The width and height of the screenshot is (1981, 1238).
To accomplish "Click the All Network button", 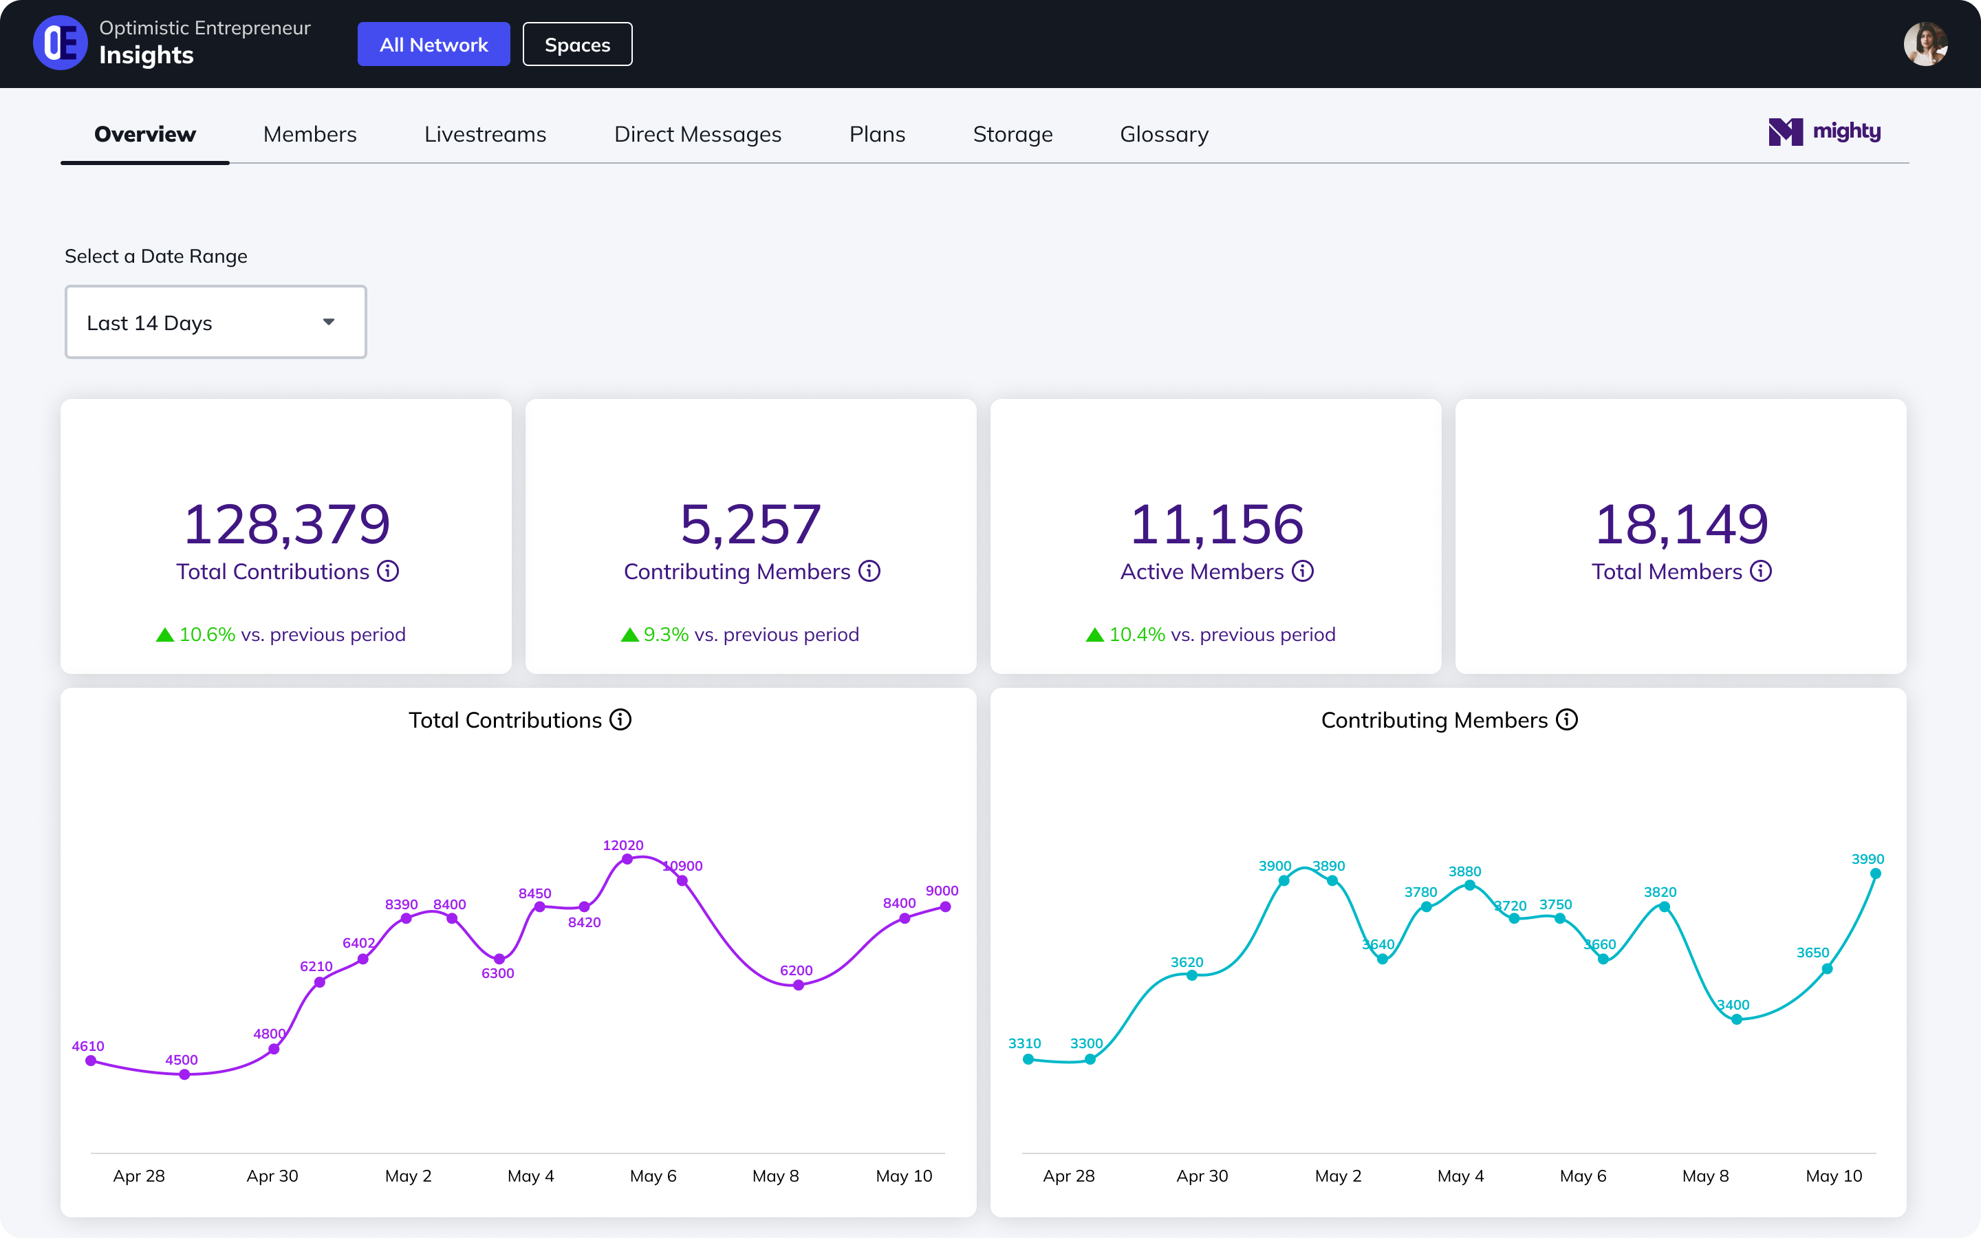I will pyautogui.click(x=433, y=44).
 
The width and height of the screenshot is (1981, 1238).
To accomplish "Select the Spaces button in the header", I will pyautogui.click(x=577, y=44).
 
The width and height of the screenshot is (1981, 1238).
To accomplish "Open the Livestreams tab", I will pyautogui.click(x=485, y=134).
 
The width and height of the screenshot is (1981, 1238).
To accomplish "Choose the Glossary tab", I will pyautogui.click(x=1163, y=134).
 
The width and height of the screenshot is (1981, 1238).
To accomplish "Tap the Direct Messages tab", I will pyautogui.click(x=697, y=134).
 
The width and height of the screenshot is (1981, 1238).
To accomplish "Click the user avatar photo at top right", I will pyautogui.click(x=1925, y=44).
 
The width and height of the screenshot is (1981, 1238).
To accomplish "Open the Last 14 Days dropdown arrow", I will pyautogui.click(x=328, y=322).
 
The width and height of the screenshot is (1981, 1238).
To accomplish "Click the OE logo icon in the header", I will pyautogui.click(x=60, y=43).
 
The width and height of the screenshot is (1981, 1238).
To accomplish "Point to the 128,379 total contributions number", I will pyautogui.click(x=287, y=524).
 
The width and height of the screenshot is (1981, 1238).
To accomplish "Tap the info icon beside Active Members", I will pyautogui.click(x=1302, y=571).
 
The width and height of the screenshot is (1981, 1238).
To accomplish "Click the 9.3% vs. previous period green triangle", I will pyautogui.click(x=629, y=635).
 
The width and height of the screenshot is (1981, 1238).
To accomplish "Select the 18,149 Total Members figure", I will pyautogui.click(x=1680, y=524).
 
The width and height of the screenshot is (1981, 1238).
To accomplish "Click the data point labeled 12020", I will pyautogui.click(x=627, y=859).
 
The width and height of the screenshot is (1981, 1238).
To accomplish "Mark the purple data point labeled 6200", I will pyautogui.click(x=798, y=985).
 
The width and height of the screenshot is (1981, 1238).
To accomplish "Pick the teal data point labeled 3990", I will pyautogui.click(x=1875, y=873).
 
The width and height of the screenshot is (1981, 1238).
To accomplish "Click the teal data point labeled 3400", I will pyautogui.click(x=1736, y=1019).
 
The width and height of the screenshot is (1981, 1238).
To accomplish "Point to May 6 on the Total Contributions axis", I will pyautogui.click(x=652, y=1176).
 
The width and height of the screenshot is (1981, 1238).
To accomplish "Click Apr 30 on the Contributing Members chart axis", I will pyautogui.click(x=1202, y=1176).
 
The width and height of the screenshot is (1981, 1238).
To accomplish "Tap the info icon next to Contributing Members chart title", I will pyautogui.click(x=1566, y=719).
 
